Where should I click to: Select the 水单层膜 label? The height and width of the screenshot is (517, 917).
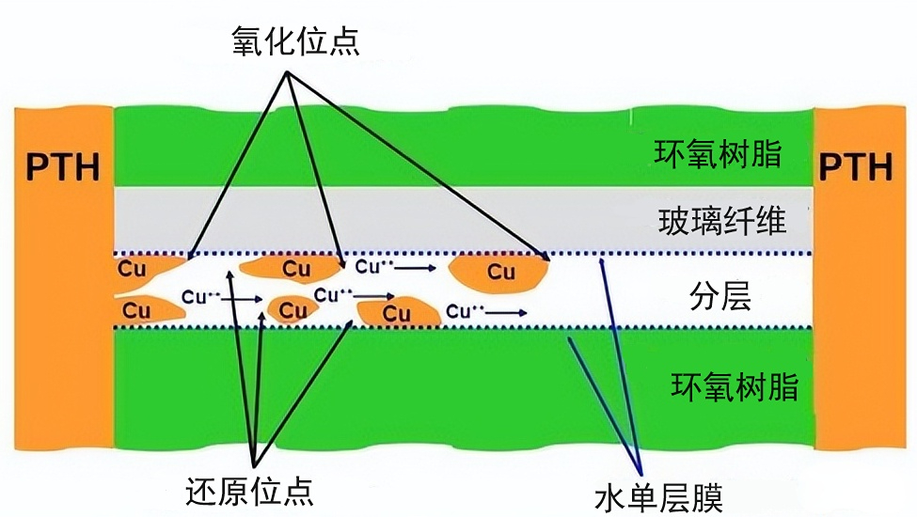pos(658,495)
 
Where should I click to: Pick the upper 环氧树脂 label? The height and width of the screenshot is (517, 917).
pos(718,153)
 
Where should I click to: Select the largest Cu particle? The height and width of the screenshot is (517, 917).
pos(499,271)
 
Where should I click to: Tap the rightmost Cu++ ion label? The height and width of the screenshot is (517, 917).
pos(465,310)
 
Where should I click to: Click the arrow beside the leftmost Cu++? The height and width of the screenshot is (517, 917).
pos(244,299)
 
